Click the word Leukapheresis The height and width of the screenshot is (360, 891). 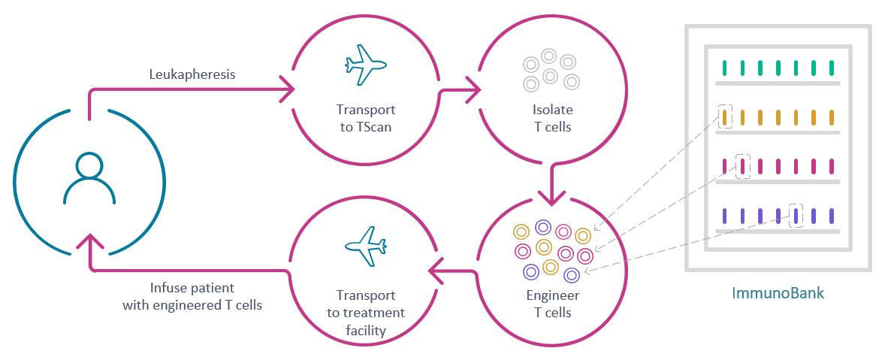191,74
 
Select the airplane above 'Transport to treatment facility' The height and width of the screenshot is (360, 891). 365,245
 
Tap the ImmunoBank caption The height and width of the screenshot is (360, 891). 778,293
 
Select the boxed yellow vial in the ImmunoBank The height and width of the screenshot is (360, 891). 725,117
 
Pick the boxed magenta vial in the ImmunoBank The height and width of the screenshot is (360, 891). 743,166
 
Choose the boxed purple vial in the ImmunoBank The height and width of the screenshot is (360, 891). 796,216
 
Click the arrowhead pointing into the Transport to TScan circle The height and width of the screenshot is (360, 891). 287,92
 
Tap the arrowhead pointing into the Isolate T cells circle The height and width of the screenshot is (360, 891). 473,92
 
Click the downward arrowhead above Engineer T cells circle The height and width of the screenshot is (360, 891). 552,197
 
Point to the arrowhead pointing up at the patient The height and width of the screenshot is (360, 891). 89,241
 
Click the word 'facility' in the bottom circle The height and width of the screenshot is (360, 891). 365,330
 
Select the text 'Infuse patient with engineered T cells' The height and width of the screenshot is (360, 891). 192,297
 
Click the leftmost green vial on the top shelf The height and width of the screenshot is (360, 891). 725,68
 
